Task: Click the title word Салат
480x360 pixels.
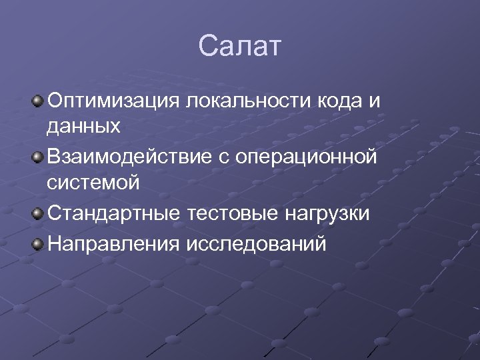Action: pos(240,47)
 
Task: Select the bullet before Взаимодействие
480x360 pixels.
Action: pos(38,157)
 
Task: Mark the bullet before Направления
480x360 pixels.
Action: pos(38,243)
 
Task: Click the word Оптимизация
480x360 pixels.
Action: pos(113,101)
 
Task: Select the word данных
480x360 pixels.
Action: pos(83,127)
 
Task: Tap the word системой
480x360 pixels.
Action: pos(93,183)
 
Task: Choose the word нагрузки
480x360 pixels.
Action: pos(329,215)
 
